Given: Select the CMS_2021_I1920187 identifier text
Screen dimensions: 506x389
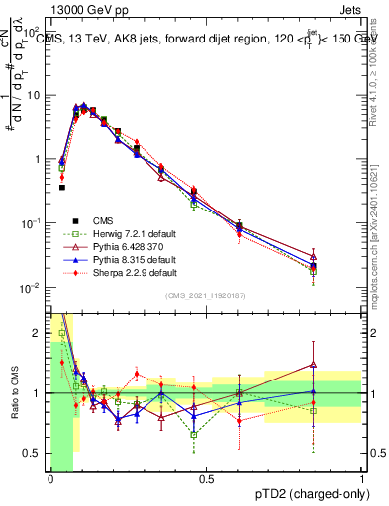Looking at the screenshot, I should [206, 295].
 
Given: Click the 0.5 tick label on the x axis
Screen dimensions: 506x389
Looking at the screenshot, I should [206, 479].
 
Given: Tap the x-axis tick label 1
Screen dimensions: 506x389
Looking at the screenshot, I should [362, 479].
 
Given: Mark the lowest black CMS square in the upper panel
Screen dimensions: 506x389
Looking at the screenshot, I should [61, 187].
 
